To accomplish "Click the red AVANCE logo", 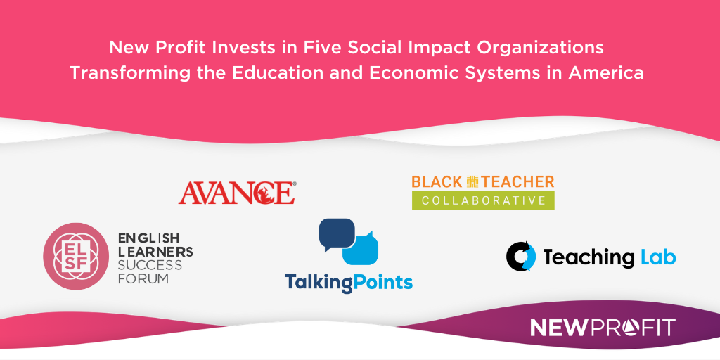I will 236,192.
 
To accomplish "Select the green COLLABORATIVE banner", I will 483,200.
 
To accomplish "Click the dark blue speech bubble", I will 336,233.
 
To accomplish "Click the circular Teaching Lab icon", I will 521,257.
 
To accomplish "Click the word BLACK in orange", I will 436,181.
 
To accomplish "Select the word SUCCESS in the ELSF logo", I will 150,265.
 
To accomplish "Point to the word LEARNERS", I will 155,252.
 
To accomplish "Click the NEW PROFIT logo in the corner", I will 602,328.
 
